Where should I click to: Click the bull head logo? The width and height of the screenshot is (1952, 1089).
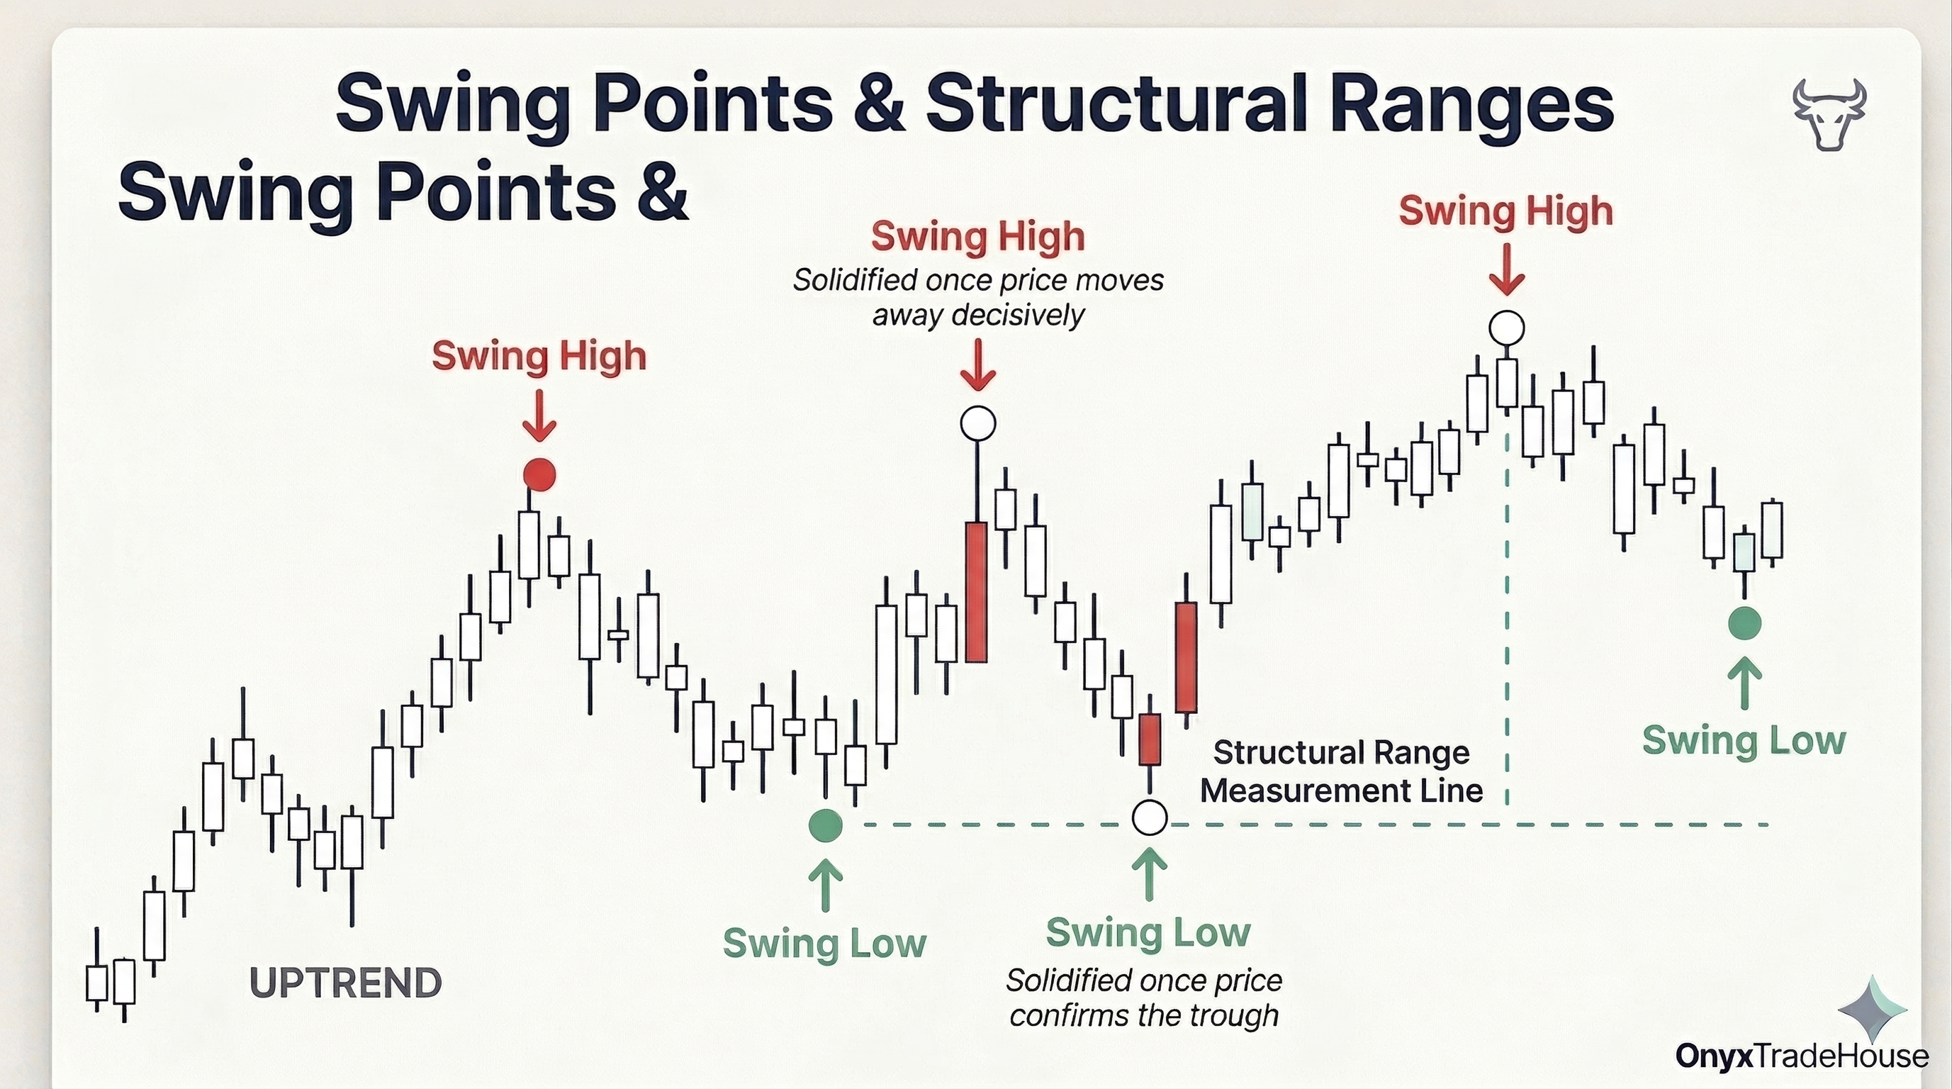(x=1829, y=113)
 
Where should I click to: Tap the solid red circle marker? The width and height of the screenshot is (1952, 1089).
(x=539, y=475)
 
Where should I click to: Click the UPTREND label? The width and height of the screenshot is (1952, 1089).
(x=346, y=983)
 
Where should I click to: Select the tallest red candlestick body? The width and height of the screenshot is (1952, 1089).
(x=977, y=592)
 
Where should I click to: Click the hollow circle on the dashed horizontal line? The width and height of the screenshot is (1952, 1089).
(x=1150, y=817)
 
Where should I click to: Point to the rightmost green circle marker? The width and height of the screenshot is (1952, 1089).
(x=1744, y=623)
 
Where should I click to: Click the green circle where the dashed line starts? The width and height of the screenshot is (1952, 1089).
(x=825, y=825)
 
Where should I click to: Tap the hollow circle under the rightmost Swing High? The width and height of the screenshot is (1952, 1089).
(x=1506, y=328)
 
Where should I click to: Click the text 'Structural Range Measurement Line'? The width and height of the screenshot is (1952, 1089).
(x=1341, y=771)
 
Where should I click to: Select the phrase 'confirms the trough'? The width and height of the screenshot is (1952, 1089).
(x=1144, y=1015)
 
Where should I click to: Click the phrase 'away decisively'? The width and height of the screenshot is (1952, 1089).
(x=978, y=315)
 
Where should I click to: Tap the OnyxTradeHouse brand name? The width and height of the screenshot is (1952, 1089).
(x=1801, y=1056)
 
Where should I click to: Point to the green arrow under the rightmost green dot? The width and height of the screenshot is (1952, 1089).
(x=1745, y=683)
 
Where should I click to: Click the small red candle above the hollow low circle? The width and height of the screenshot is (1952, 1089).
(x=1150, y=739)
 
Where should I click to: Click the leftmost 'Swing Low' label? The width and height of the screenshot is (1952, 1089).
(x=824, y=944)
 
